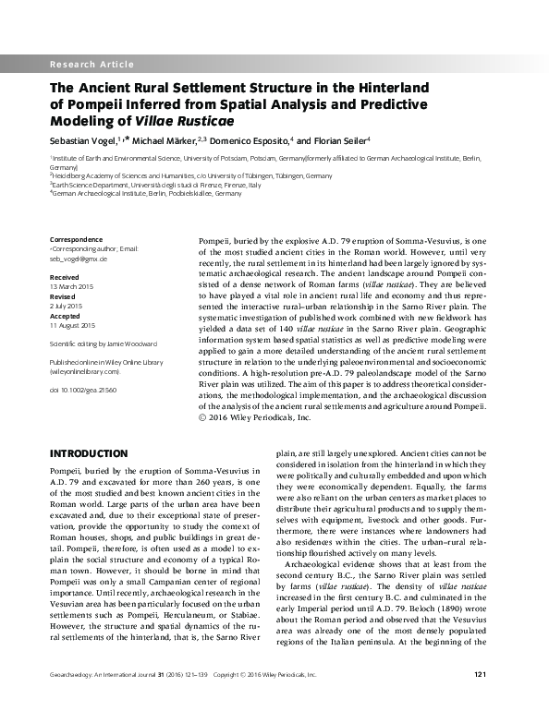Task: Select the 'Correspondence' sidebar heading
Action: (75, 240)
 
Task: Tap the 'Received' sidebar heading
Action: (64, 276)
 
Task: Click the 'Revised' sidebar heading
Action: (62, 295)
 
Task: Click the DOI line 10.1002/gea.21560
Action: (82, 391)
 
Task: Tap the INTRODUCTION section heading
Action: (88, 453)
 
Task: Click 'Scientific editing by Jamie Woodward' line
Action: (103, 343)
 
